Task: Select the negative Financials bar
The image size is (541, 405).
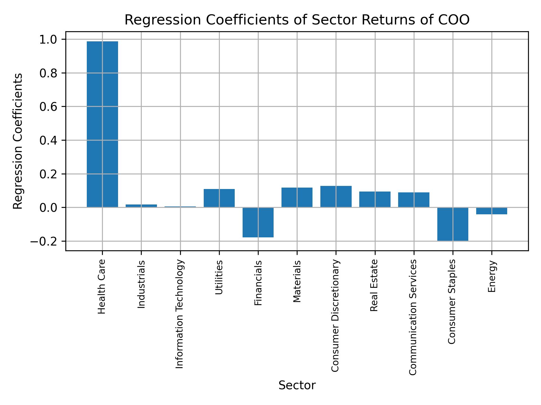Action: tap(258, 222)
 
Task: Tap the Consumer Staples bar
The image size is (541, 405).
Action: tap(453, 224)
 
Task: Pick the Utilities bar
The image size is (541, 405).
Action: tap(219, 198)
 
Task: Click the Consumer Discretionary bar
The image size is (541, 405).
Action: tap(336, 197)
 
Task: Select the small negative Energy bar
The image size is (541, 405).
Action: tap(492, 211)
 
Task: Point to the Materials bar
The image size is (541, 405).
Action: tap(297, 197)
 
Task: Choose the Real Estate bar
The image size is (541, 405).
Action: tap(375, 199)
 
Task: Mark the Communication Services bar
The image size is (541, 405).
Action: tap(414, 200)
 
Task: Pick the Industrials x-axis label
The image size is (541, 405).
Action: tap(141, 284)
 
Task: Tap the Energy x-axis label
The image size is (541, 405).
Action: tap(492, 276)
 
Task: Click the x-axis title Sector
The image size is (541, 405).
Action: tap(297, 386)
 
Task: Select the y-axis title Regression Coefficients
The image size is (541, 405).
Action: tap(18, 141)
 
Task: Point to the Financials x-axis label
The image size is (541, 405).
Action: tap(258, 283)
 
